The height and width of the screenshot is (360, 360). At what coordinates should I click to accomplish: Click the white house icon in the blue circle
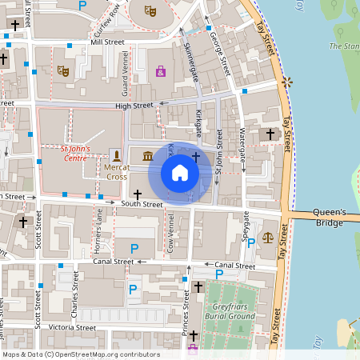[x=180, y=173]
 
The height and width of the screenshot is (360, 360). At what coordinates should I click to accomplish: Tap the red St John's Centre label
[x=78, y=151]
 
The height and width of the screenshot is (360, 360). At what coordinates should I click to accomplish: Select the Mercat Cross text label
[x=116, y=171]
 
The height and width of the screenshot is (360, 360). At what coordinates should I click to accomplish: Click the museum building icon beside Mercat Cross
[x=149, y=154]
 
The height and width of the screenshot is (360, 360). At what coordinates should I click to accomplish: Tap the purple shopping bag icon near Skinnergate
[x=161, y=72]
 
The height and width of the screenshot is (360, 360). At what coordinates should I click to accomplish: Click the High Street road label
[x=134, y=106]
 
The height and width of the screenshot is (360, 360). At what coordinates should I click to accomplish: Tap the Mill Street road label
[x=107, y=42]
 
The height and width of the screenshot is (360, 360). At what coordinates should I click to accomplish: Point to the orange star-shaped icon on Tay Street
[x=286, y=82]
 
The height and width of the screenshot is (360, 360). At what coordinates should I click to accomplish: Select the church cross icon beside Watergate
[x=270, y=134]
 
